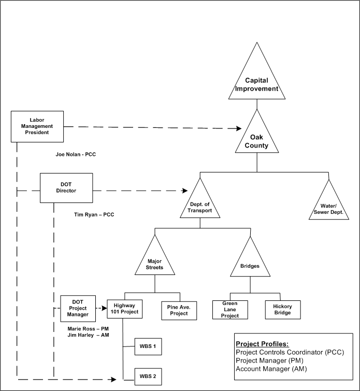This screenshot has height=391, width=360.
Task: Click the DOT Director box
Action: click(x=66, y=187)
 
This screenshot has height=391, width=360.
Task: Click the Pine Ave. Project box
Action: click(x=179, y=309)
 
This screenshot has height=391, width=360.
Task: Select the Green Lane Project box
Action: click(x=229, y=309)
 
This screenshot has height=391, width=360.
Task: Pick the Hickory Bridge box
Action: click(x=282, y=309)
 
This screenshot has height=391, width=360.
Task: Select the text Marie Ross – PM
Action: click(x=88, y=328)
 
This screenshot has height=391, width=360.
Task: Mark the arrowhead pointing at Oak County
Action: click(x=239, y=128)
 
